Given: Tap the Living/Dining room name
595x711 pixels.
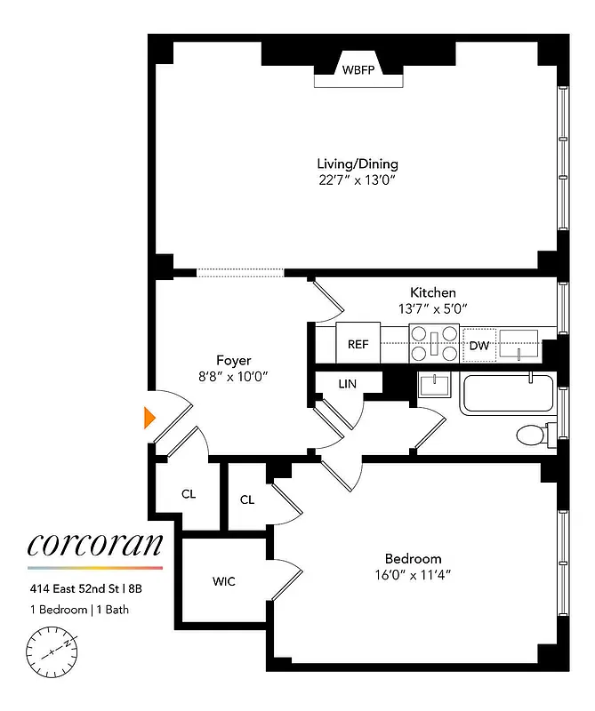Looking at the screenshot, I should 358,164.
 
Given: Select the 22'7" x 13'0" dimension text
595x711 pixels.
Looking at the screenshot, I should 358,180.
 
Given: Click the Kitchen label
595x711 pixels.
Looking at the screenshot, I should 433,292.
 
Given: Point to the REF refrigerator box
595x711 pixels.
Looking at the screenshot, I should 358,343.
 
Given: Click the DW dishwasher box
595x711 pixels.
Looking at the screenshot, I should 478,345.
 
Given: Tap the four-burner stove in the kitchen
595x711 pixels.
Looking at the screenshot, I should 434,343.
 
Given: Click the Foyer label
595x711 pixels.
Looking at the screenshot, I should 233,360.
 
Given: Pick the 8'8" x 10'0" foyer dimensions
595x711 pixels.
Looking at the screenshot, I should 233,376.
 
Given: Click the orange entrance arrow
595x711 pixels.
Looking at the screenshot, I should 150,416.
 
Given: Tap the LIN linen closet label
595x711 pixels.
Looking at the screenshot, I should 348,384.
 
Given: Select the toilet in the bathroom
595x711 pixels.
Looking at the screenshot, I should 534,435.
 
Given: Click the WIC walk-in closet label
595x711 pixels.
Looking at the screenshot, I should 224,581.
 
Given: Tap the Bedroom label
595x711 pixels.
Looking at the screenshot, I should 413,558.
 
